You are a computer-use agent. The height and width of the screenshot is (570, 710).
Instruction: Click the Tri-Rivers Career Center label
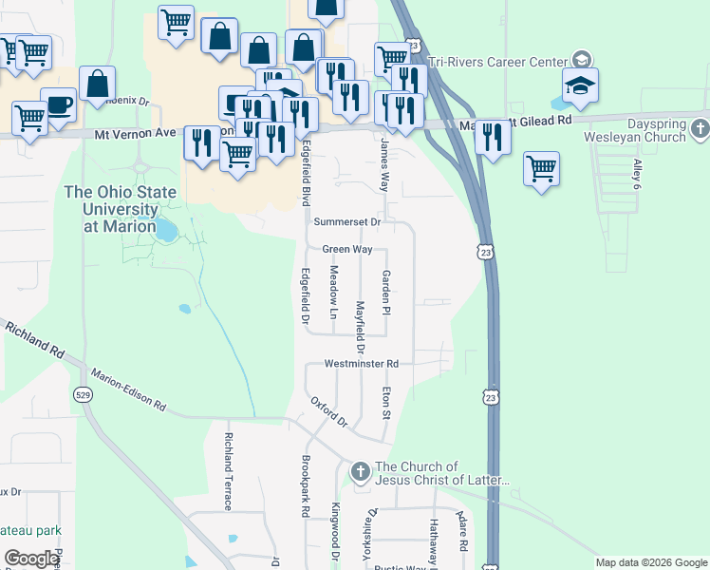pyautogui.click(x=496, y=64)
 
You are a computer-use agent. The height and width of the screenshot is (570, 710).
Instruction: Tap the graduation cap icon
pyautogui.click(x=580, y=85)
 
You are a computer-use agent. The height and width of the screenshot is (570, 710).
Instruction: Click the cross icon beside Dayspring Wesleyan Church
pyautogui.click(x=700, y=127)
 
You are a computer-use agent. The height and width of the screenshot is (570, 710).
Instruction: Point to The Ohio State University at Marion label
pyautogui.click(x=121, y=209)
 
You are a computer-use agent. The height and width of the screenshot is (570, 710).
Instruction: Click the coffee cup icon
pyautogui.click(x=57, y=104)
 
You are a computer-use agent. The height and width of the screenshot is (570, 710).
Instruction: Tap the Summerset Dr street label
pyautogui.click(x=347, y=221)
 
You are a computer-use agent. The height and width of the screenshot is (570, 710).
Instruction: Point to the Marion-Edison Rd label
pyautogui.click(x=128, y=389)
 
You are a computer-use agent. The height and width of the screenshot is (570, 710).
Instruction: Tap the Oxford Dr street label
pyautogui.click(x=330, y=410)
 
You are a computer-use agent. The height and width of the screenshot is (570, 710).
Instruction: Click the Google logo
pyautogui.click(x=33, y=559)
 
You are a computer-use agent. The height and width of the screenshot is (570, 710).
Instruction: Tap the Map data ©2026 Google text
pyautogui.click(x=650, y=562)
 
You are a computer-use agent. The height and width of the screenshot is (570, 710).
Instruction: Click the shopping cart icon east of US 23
pyautogui.click(x=541, y=169)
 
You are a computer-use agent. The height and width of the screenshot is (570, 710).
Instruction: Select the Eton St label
pyautogui.click(x=386, y=402)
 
